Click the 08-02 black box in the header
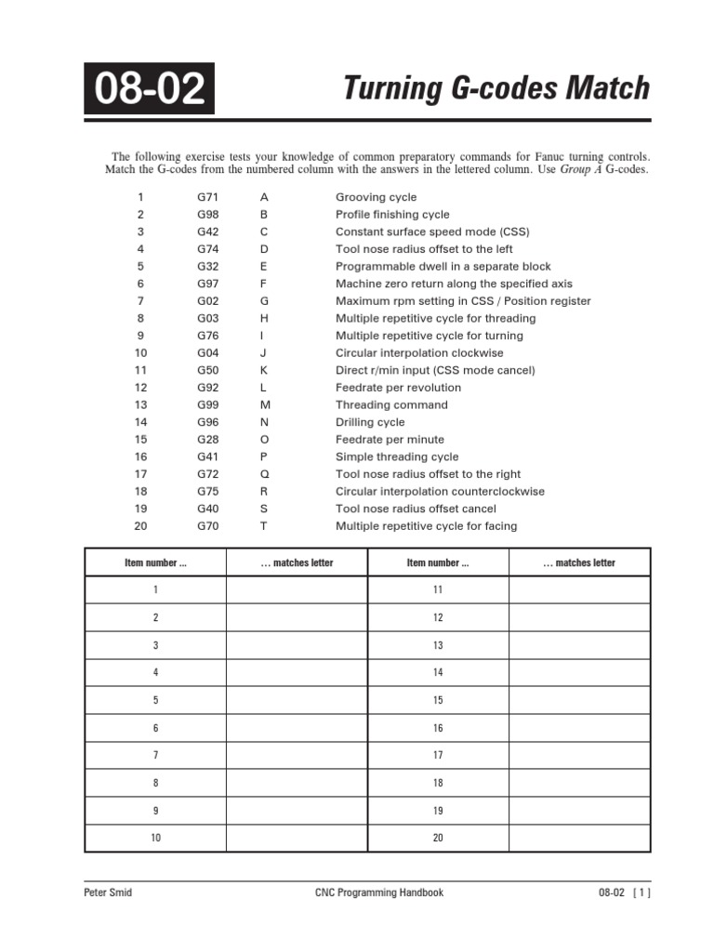coord(149,88)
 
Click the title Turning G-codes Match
coord(496,88)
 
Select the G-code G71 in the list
coord(206,197)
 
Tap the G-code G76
coord(206,336)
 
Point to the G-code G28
coord(206,439)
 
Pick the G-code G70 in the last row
coord(206,525)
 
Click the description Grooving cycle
coord(376,197)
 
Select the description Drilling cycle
coord(370,422)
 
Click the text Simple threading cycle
coord(397,456)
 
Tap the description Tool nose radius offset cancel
coord(416,509)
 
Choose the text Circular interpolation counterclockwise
coord(440,491)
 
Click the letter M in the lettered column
coord(264,404)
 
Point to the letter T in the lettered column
coord(263,525)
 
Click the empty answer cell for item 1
coord(297,590)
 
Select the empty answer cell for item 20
coord(579,838)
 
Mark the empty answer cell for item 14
coord(579,672)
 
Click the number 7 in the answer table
coord(155,756)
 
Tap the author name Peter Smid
coord(109,892)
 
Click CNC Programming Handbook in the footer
coord(379,892)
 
